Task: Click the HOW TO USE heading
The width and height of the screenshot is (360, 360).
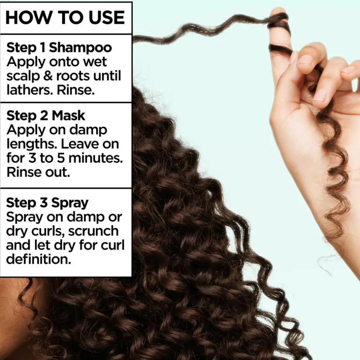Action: (65, 18)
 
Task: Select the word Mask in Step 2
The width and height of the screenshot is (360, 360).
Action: (68, 116)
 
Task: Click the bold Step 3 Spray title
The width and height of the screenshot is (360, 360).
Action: (47, 203)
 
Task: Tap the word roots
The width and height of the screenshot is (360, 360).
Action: (72, 76)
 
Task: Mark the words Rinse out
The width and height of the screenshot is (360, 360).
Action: (38, 172)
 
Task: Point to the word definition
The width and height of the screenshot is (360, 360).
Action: (36, 259)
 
